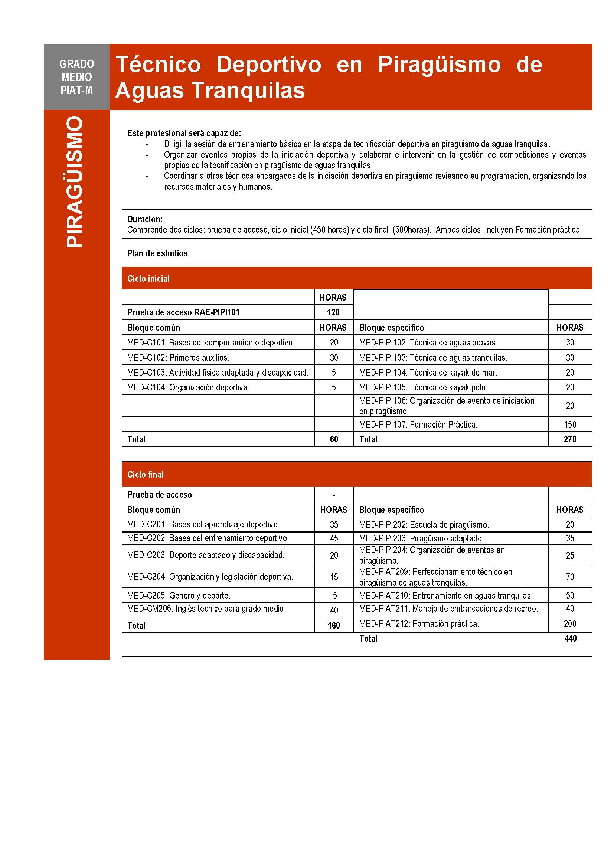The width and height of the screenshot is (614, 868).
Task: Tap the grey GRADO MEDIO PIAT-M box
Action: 76,77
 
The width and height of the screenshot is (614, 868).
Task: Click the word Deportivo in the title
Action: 268,64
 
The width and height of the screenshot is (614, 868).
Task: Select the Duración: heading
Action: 145,219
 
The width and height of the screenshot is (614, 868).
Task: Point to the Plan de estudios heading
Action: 157,253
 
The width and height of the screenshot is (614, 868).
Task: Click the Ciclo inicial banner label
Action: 148,279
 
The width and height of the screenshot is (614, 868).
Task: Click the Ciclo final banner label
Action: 145,475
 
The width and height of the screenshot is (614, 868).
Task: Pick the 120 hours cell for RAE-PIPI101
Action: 333,312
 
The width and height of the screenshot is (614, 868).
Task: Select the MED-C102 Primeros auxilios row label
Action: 178,357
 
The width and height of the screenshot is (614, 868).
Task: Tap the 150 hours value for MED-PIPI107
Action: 570,424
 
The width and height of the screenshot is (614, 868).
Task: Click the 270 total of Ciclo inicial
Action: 570,439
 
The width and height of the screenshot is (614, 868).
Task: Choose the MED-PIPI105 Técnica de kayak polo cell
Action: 423,387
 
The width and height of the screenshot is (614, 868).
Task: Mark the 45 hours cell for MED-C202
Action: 333,538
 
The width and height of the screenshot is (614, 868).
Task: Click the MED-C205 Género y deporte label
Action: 179,595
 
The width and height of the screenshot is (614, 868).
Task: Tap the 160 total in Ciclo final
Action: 333,625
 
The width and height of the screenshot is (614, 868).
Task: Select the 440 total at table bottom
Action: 570,639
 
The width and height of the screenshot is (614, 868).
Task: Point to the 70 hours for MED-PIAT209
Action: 570,577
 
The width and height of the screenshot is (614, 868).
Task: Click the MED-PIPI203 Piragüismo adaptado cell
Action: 421,538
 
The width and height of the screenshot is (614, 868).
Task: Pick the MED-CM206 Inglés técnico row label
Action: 206,609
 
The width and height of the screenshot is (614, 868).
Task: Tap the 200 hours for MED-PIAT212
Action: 570,624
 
